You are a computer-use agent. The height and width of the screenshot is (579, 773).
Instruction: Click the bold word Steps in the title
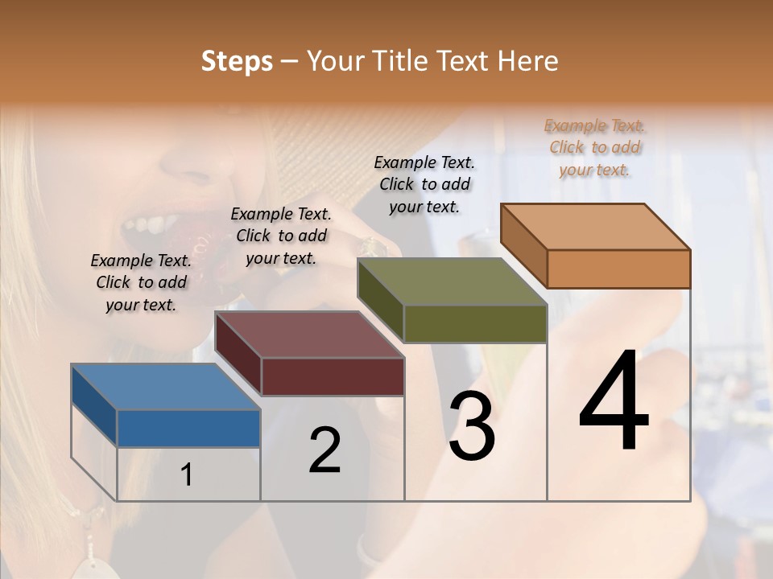(x=237, y=61)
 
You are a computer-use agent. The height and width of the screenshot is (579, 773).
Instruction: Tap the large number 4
(x=614, y=402)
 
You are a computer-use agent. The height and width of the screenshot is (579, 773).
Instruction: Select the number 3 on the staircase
(x=472, y=426)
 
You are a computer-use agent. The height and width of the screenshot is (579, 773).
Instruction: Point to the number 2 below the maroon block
(x=325, y=450)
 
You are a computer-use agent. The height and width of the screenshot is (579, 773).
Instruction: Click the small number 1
(x=187, y=475)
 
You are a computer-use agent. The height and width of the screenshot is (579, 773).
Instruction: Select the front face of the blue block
(x=188, y=428)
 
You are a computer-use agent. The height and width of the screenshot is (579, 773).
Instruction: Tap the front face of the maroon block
(x=333, y=376)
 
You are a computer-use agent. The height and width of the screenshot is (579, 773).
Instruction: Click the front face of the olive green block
(x=475, y=323)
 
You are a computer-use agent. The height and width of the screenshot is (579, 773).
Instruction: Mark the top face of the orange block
(x=596, y=227)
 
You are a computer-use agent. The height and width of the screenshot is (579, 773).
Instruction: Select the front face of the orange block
(x=618, y=269)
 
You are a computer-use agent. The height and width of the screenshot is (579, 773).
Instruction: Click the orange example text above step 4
(x=595, y=148)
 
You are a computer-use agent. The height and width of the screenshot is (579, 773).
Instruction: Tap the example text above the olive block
(x=424, y=185)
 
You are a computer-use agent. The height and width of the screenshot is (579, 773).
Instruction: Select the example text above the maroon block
(x=281, y=236)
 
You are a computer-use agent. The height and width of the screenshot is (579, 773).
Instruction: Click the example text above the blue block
(x=141, y=283)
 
